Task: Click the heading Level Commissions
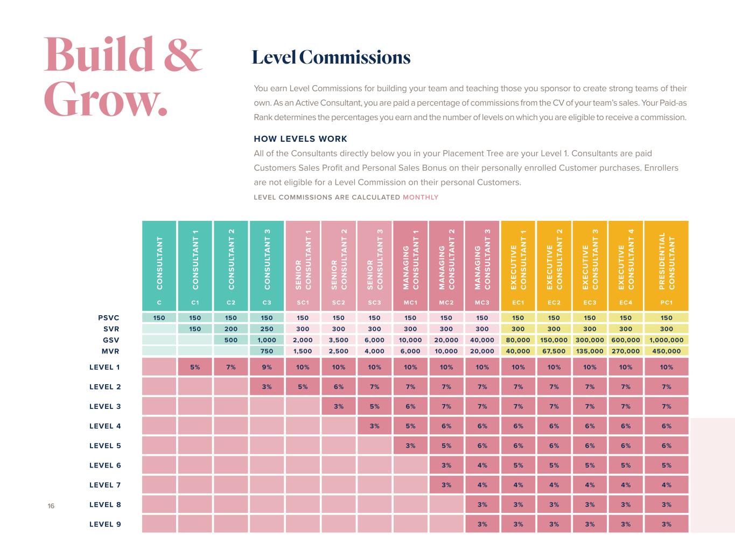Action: tap(331, 57)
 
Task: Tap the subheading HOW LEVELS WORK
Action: tap(300, 138)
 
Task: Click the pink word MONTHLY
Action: tap(421, 197)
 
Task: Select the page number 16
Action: tap(51, 506)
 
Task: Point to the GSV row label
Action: tap(110, 340)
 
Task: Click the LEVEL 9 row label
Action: tap(105, 524)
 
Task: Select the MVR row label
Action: tap(110, 351)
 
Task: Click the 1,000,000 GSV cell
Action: tap(666, 340)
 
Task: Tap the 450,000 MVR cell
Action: tap(666, 351)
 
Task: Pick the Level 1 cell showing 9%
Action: tap(267, 367)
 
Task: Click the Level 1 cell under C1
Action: tap(195, 367)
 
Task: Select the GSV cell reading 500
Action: tap(231, 340)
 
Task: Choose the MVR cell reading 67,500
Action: tap(554, 351)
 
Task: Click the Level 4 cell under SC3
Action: tap(374, 426)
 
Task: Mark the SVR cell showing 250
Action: tap(267, 329)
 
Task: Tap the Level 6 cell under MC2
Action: tap(446, 465)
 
